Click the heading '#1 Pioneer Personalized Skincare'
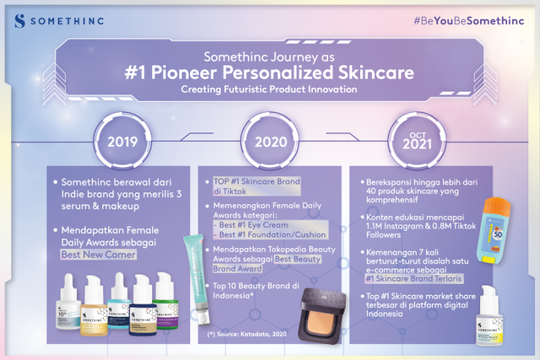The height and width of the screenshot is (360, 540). [x=269, y=72]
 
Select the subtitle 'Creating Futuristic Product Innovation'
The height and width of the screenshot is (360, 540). [x=269, y=89]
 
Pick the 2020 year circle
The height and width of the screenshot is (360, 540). [x=269, y=140]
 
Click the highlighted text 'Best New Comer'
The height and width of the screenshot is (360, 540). [x=105, y=254]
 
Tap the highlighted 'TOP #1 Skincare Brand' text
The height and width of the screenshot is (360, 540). [x=244, y=181]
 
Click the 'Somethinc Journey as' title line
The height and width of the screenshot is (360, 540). [x=269, y=52]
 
